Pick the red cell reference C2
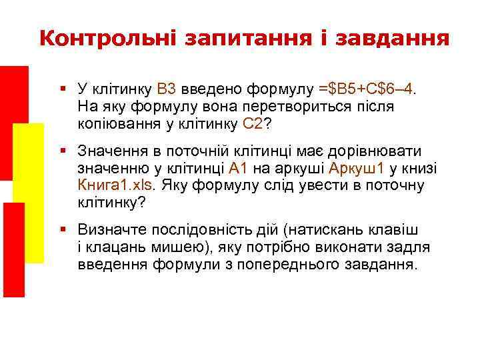coord(253,123)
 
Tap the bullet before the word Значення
coord(62,151)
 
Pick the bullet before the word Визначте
coord(62,230)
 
